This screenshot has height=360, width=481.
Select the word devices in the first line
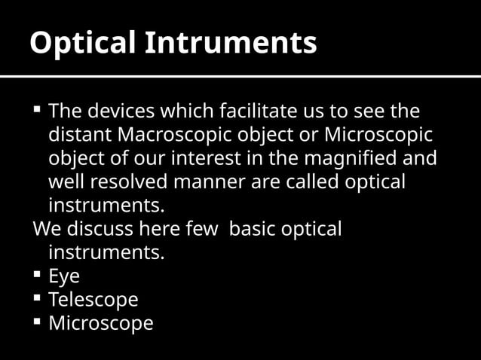tap(112, 112)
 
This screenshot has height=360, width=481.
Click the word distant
tap(75, 136)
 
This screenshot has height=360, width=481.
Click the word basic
tap(252, 228)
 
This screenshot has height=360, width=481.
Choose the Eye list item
tap(64, 276)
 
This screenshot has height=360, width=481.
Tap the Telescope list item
tap(93, 299)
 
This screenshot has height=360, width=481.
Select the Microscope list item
tap(100, 323)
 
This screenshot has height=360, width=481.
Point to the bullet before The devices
tap(37, 111)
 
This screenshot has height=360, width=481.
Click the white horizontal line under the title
tap(240, 76)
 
